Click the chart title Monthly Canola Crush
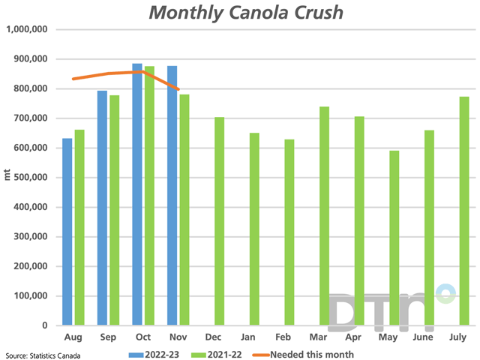click(239, 13)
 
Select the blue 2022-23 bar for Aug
click(67, 232)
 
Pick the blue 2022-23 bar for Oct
click(137, 195)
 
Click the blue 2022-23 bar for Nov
click(172, 196)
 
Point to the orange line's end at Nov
click(178, 89)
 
